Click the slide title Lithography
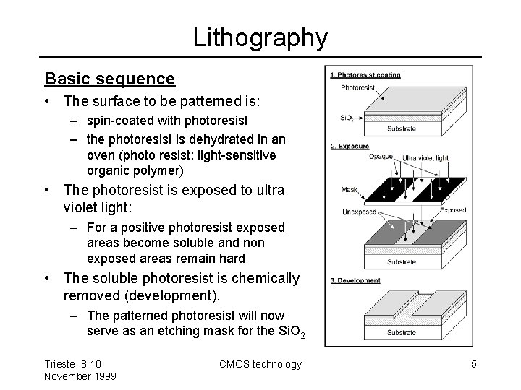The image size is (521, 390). tap(260, 37)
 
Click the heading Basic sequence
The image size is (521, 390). tap(109, 78)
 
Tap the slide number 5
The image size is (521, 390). tap(473, 364)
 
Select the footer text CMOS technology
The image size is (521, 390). tap(260, 364)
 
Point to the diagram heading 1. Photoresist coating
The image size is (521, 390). tap(365, 74)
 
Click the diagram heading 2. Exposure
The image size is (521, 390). tap(350, 146)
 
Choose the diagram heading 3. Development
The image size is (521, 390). tap(356, 280)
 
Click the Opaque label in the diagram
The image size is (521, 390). tap(381, 155)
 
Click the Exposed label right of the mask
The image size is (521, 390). tap(454, 210)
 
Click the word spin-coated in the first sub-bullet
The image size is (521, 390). tap(117, 120)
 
